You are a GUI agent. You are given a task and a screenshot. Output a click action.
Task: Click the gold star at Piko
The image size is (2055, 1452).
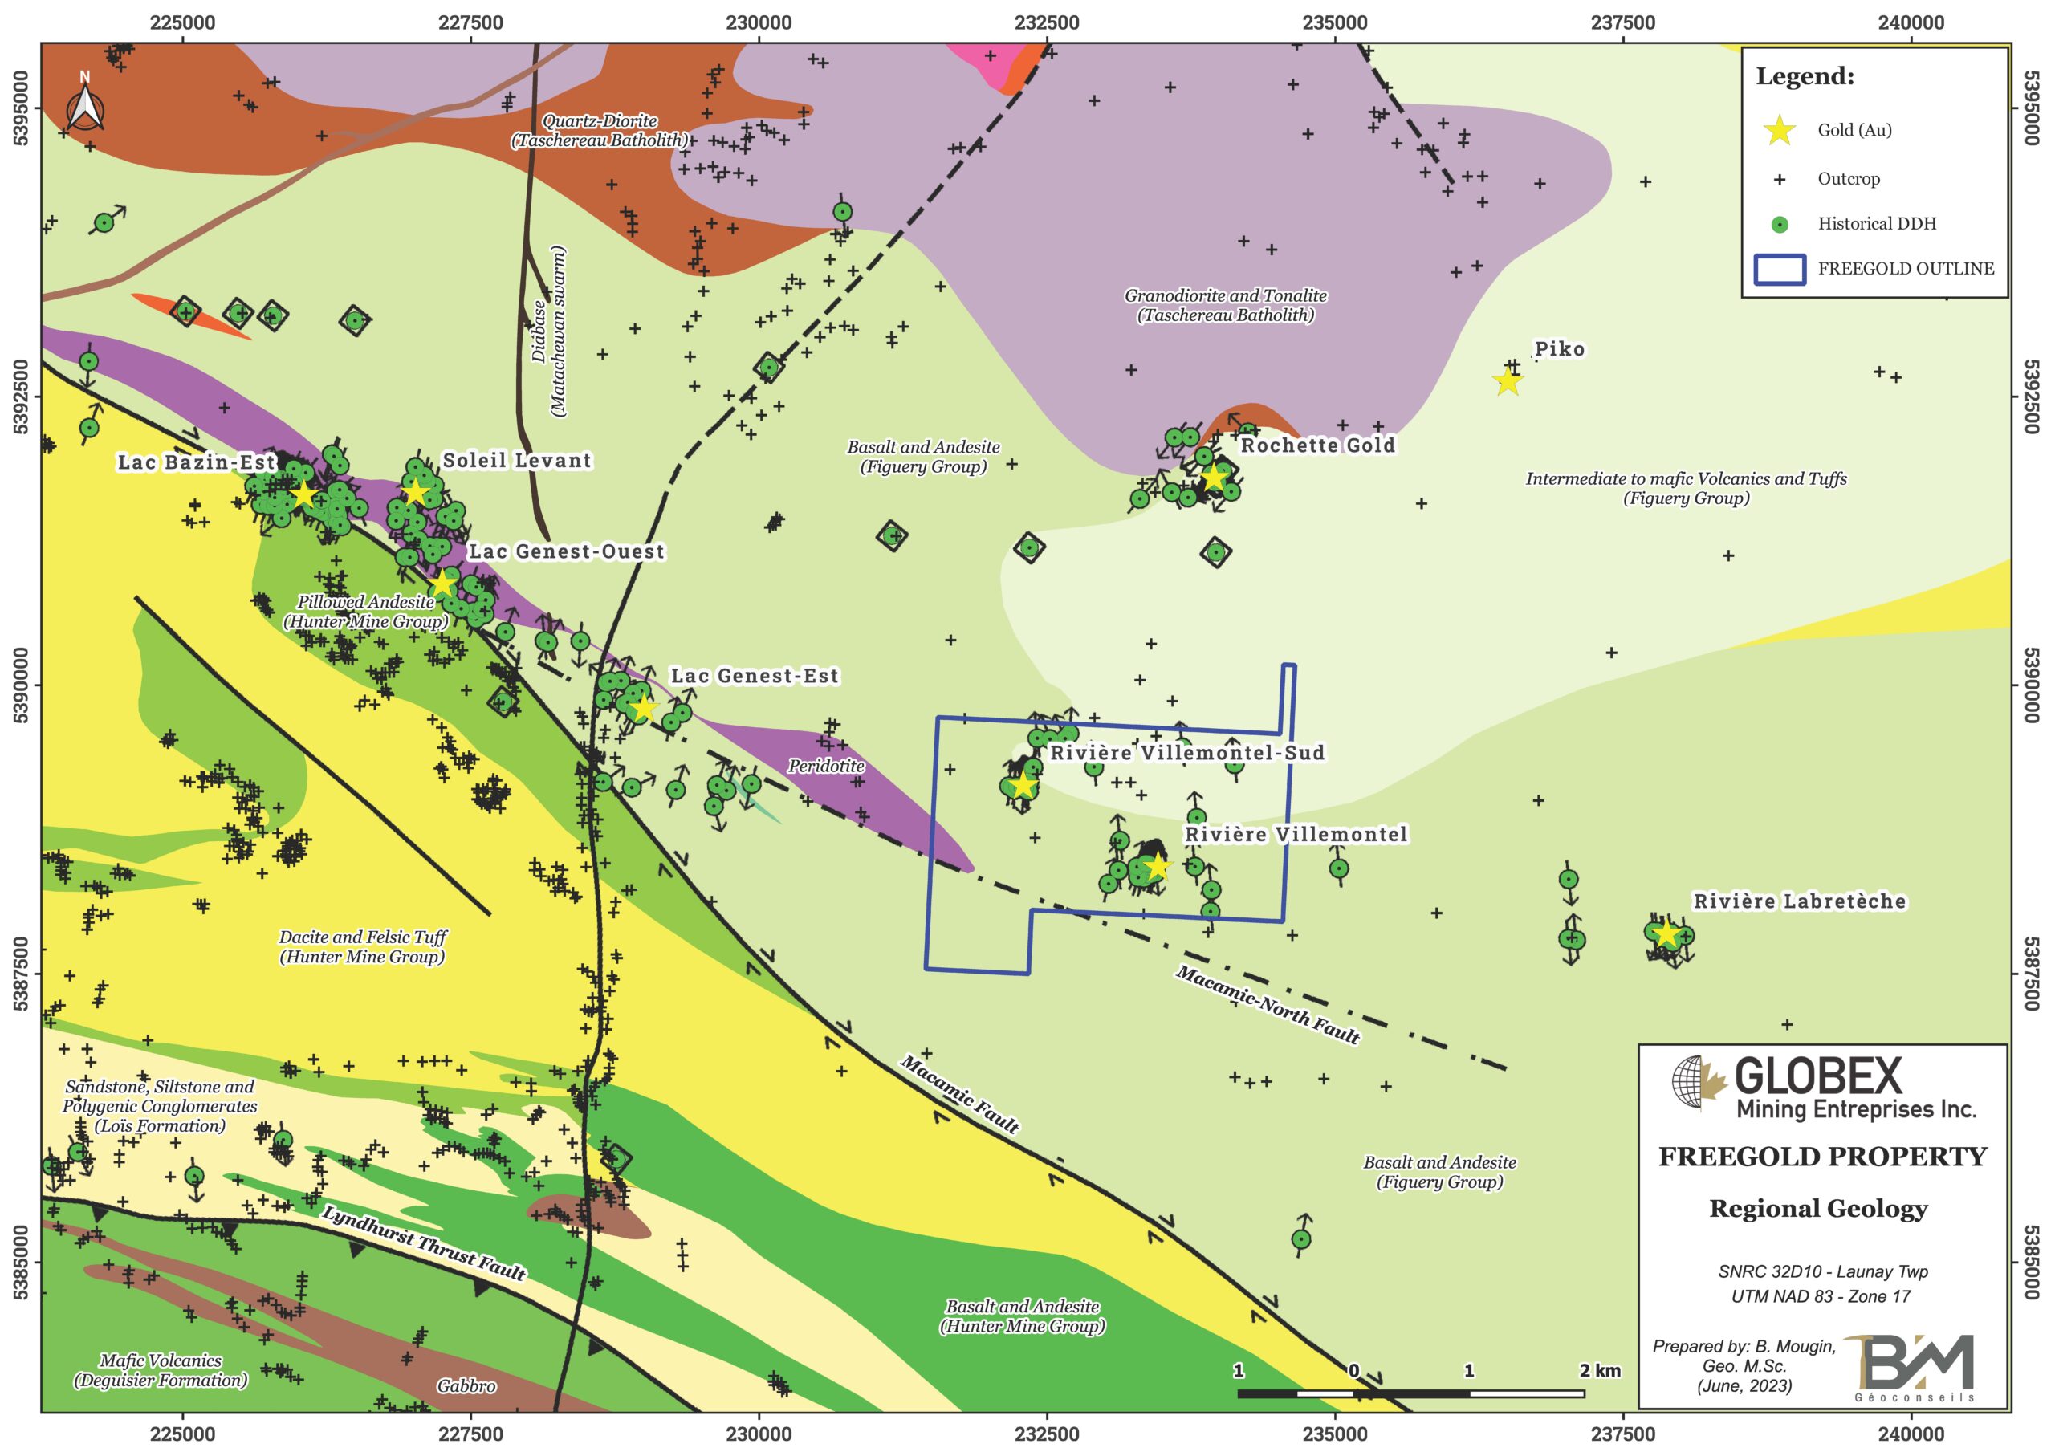point(1508,381)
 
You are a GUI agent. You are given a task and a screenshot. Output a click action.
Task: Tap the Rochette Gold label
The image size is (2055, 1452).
point(1317,445)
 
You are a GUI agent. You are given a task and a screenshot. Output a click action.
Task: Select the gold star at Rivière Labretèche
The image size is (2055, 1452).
point(1666,933)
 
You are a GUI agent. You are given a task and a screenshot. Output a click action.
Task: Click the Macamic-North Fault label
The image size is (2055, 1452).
point(1268,1004)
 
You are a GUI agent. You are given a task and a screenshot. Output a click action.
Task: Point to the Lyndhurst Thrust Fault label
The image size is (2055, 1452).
point(423,1243)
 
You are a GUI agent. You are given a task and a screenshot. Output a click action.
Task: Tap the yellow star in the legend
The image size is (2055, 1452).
point(1780,131)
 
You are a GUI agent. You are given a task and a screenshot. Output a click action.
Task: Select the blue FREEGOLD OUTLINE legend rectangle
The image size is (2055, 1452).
point(1780,270)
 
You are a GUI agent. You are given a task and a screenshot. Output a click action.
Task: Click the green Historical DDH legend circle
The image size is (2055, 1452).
point(1780,225)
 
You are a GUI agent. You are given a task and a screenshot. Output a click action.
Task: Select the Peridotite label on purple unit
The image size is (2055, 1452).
point(825,767)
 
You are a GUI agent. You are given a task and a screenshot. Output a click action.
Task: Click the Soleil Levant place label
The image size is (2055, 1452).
point(517,460)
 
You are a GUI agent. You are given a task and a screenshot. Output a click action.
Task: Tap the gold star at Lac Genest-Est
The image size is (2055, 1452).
point(644,708)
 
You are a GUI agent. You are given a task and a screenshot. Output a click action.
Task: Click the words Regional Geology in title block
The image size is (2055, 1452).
point(1818,1210)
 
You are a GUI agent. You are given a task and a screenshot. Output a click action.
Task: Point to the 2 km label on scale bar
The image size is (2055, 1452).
point(1599,1371)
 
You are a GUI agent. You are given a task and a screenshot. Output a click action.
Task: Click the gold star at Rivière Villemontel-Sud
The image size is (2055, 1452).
point(1023,786)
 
